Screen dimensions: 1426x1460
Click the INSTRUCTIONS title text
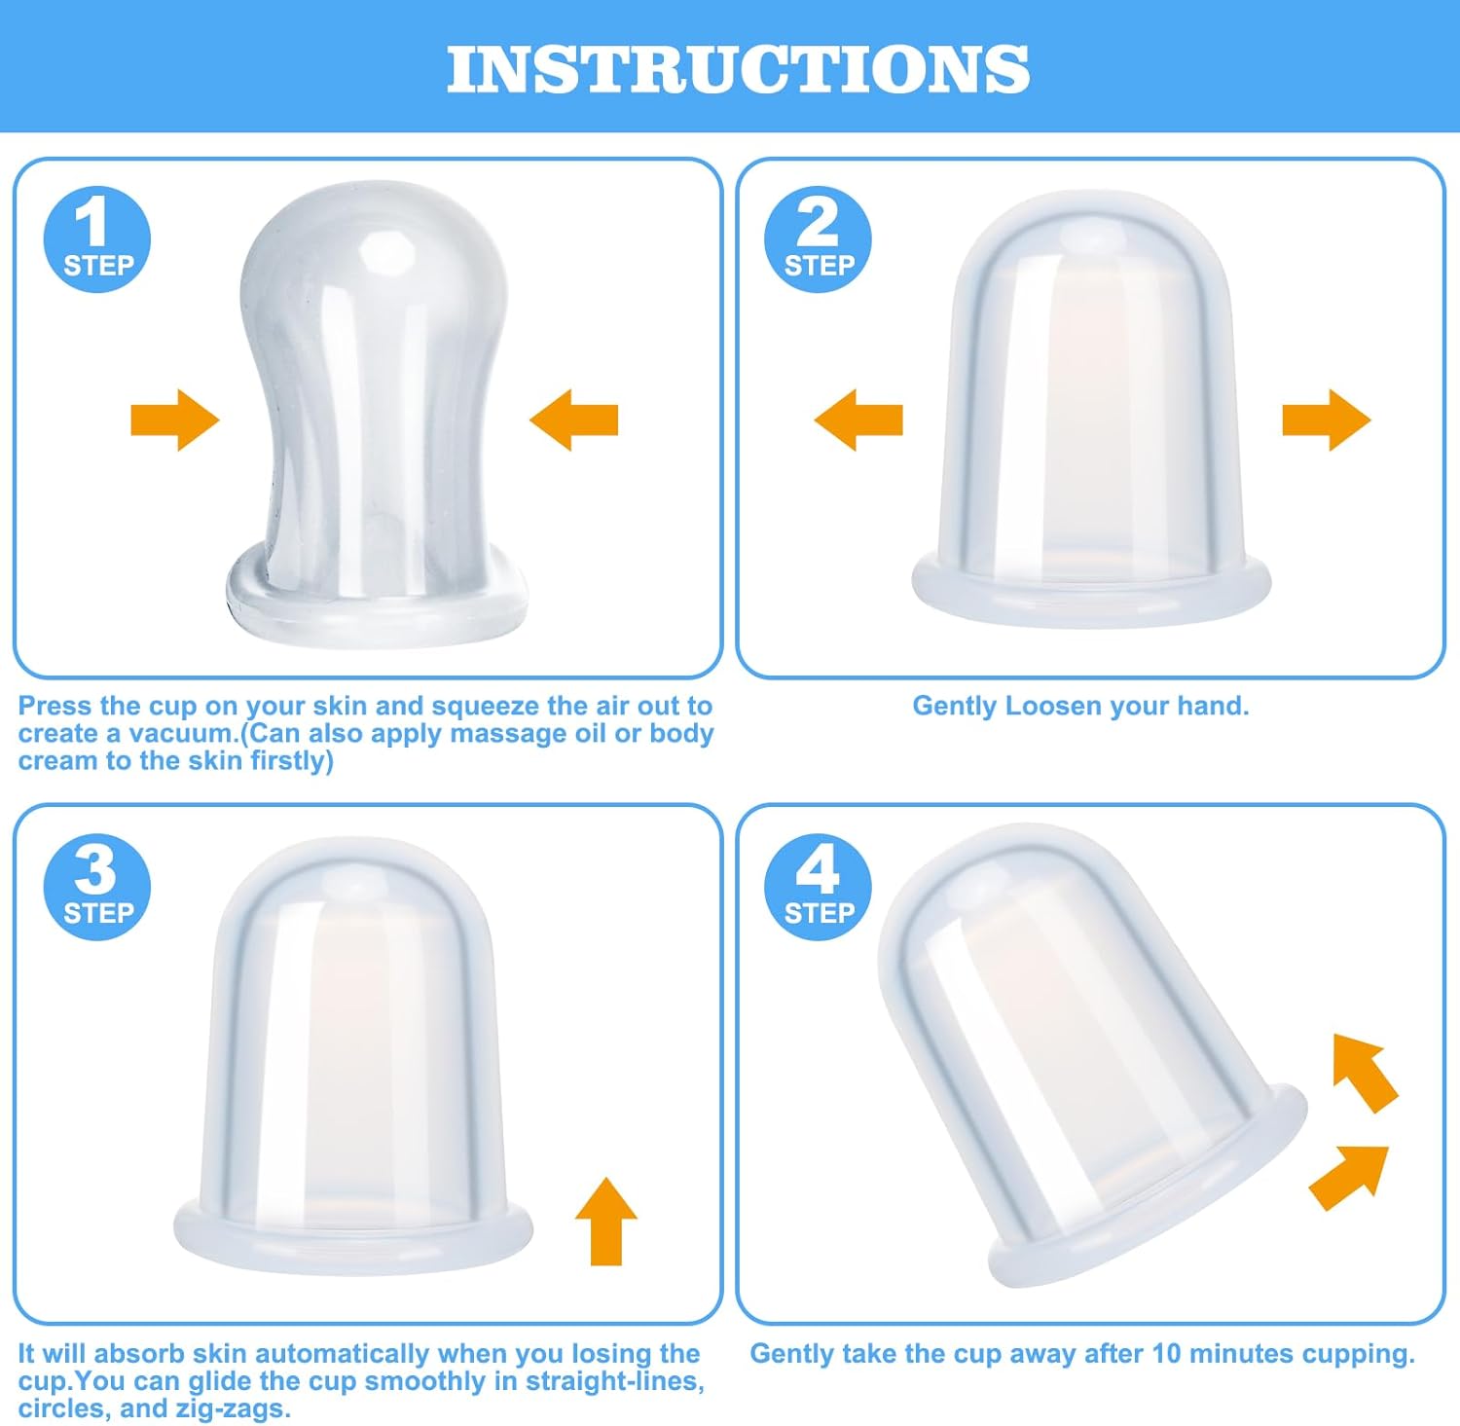pyautogui.click(x=738, y=69)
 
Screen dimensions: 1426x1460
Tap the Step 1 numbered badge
pyautogui.click(x=96, y=239)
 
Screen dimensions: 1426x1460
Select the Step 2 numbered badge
pyautogui.click(x=817, y=239)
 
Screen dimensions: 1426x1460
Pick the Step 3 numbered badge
pyautogui.click(x=96, y=887)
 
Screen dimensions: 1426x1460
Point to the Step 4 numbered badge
pyautogui.click(x=817, y=887)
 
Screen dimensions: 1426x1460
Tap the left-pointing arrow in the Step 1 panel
pyautogui.click(x=574, y=420)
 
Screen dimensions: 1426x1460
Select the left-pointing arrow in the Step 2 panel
pyautogui.click(x=858, y=420)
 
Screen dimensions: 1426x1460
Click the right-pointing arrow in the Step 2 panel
pyautogui.click(x=1326, y=420)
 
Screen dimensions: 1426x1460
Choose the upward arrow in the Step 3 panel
pyautogui.click(x=605, y=1221)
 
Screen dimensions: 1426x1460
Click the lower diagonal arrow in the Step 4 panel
pyautogui.click(x=1349, y=1176)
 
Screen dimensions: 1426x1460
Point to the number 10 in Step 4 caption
pyautogui.click(x=1166, y=1354)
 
